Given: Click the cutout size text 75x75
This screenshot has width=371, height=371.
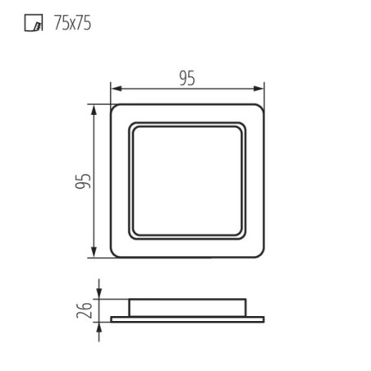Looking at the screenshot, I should (71, 23).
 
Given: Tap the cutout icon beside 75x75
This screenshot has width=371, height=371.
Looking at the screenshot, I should (30, 23).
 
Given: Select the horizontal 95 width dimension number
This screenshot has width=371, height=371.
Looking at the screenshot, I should (187, 78).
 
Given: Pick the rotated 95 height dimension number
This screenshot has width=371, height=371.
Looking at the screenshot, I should (82, 181).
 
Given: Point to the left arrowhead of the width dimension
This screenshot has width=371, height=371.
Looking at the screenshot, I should (113, 88).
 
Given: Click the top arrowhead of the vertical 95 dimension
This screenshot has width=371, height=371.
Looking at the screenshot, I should (98, 108).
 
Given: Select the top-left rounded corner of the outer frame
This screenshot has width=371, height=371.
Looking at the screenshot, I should (114, 109).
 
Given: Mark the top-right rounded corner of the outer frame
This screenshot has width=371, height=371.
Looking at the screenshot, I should (260, 109).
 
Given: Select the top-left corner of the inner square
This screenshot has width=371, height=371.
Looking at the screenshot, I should (132, 126).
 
